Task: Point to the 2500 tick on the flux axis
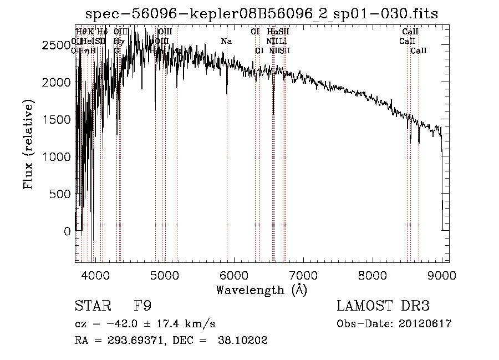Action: (x=57, y=45)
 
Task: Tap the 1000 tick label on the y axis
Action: (x=57, y=157)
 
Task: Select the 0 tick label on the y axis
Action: (x=67, y=231)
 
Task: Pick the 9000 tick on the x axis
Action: (x=442, y=274)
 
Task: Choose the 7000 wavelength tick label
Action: (x=303, y=274)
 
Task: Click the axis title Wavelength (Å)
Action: (x=261, y=290)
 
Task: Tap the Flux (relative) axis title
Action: (x=28, y=144)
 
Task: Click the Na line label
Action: (x=226, y=42)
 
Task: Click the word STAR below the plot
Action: (x=92, y=306)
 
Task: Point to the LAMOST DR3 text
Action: (x=383, y=306)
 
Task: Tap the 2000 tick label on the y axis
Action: (x=57, y=82)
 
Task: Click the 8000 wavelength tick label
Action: (x=373, y=274)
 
